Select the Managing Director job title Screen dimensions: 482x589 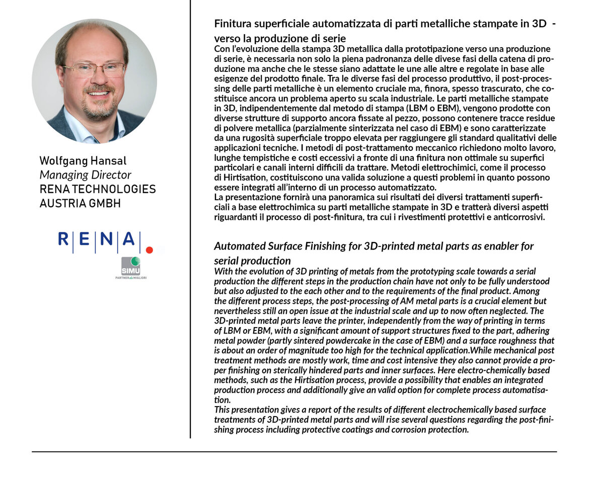pyautogui.click(x=85, y=175)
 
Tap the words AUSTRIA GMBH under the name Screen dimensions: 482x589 pyautogui.click(x=80, y=203)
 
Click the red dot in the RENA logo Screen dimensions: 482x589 pyautogui.click(x=149, y=249)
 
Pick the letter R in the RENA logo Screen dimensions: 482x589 pyautogui.click(x=64, y=239)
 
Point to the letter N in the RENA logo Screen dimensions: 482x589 pyautogui.click(x=106, y=239)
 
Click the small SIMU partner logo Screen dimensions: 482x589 pyautogui.click(x=130, y=267)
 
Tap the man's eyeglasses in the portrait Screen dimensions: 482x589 pyautogui.click(x=95, y=69)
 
